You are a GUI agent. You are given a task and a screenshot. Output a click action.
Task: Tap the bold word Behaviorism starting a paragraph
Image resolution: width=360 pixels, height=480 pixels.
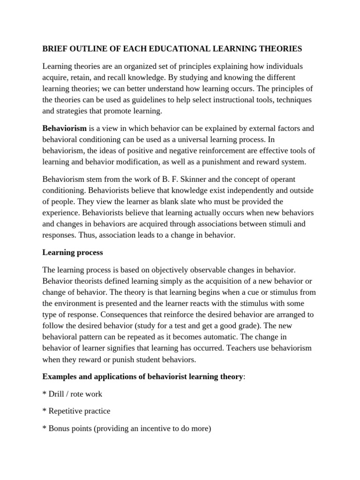[65, 127]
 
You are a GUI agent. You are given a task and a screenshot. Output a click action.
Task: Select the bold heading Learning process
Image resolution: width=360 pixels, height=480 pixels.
[73, 252]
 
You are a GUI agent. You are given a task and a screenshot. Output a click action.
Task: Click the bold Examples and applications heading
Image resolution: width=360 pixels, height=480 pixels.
[142, 377]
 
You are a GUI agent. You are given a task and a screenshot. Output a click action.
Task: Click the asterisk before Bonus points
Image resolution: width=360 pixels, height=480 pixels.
[44, 428]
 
